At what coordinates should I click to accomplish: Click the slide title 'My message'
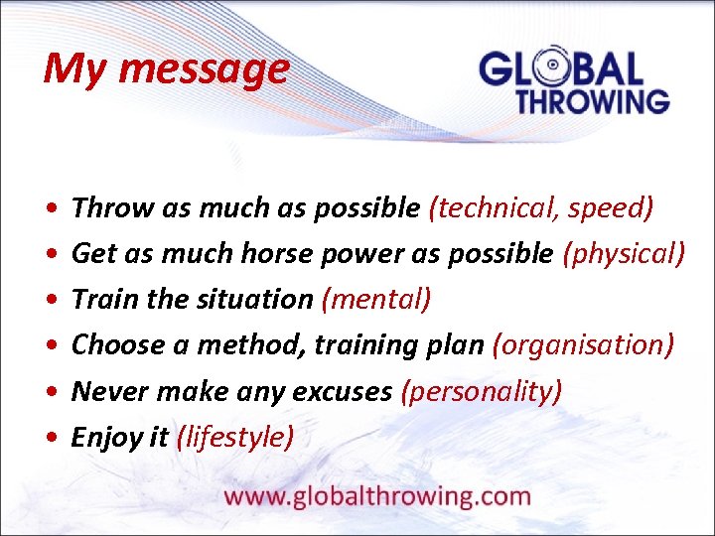tap(166, 69)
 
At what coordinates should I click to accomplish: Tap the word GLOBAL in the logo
tap(561, 69)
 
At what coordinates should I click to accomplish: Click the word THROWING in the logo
tap(592, 100)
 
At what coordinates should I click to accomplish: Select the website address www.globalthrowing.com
tap(377, 496)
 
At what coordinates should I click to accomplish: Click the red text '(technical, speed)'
tap(540, 207)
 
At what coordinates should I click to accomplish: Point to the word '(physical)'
tap(624, 253)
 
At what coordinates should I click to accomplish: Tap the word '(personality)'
tap(481, 391)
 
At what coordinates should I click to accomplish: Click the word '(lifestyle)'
tap(234, 437)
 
